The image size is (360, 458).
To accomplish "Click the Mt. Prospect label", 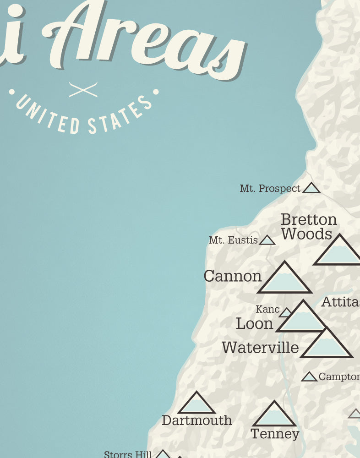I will point(270,189).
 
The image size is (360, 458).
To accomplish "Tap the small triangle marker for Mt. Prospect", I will point(311,188).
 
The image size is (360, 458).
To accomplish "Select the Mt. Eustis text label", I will point(233,240).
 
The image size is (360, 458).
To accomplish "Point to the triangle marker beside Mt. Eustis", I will point(267,240).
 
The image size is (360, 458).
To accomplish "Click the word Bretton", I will point(309,220).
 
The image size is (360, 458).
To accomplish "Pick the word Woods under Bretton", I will point(306,234).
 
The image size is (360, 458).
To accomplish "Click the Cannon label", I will point(232,276).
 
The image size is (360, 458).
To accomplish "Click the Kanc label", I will point(267,310).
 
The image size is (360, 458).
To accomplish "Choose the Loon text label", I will point(254,324).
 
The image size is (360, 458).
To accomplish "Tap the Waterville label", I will point(260,348).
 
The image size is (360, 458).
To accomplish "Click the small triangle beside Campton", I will point(309,377).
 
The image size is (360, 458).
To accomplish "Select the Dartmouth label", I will point(196,420).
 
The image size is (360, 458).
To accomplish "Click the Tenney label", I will point(275,433).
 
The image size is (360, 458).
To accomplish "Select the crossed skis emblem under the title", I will point(83,90).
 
